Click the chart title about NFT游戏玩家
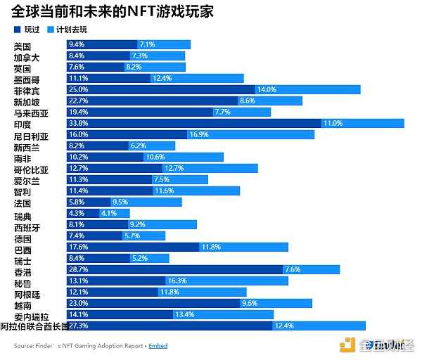(x=113, y=12)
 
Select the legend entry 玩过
(x=27, y=30)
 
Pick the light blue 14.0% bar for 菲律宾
(x=307, y=89)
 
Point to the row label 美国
(x=22, y=45)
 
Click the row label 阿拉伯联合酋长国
(x=34, y=326)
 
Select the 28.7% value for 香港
(x=77, y=269)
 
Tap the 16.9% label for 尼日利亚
(x=198, y=134)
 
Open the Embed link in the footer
(x=158, y=346)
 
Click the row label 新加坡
(x=26, y=101)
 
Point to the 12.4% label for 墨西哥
(x=162, y=78)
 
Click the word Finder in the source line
(x=44, y=346)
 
